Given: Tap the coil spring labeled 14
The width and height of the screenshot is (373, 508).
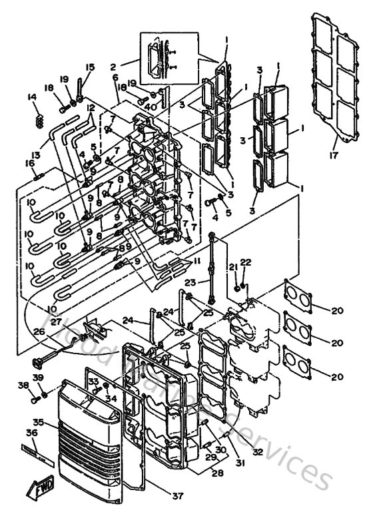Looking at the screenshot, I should coord(39,121).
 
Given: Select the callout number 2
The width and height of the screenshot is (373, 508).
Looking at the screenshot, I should coord(113,67).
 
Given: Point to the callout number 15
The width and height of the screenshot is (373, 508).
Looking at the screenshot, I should coord(91,67).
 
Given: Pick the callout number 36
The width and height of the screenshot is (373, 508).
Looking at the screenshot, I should coord(31,433).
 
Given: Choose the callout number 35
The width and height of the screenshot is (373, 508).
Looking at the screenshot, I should coord(38,421).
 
